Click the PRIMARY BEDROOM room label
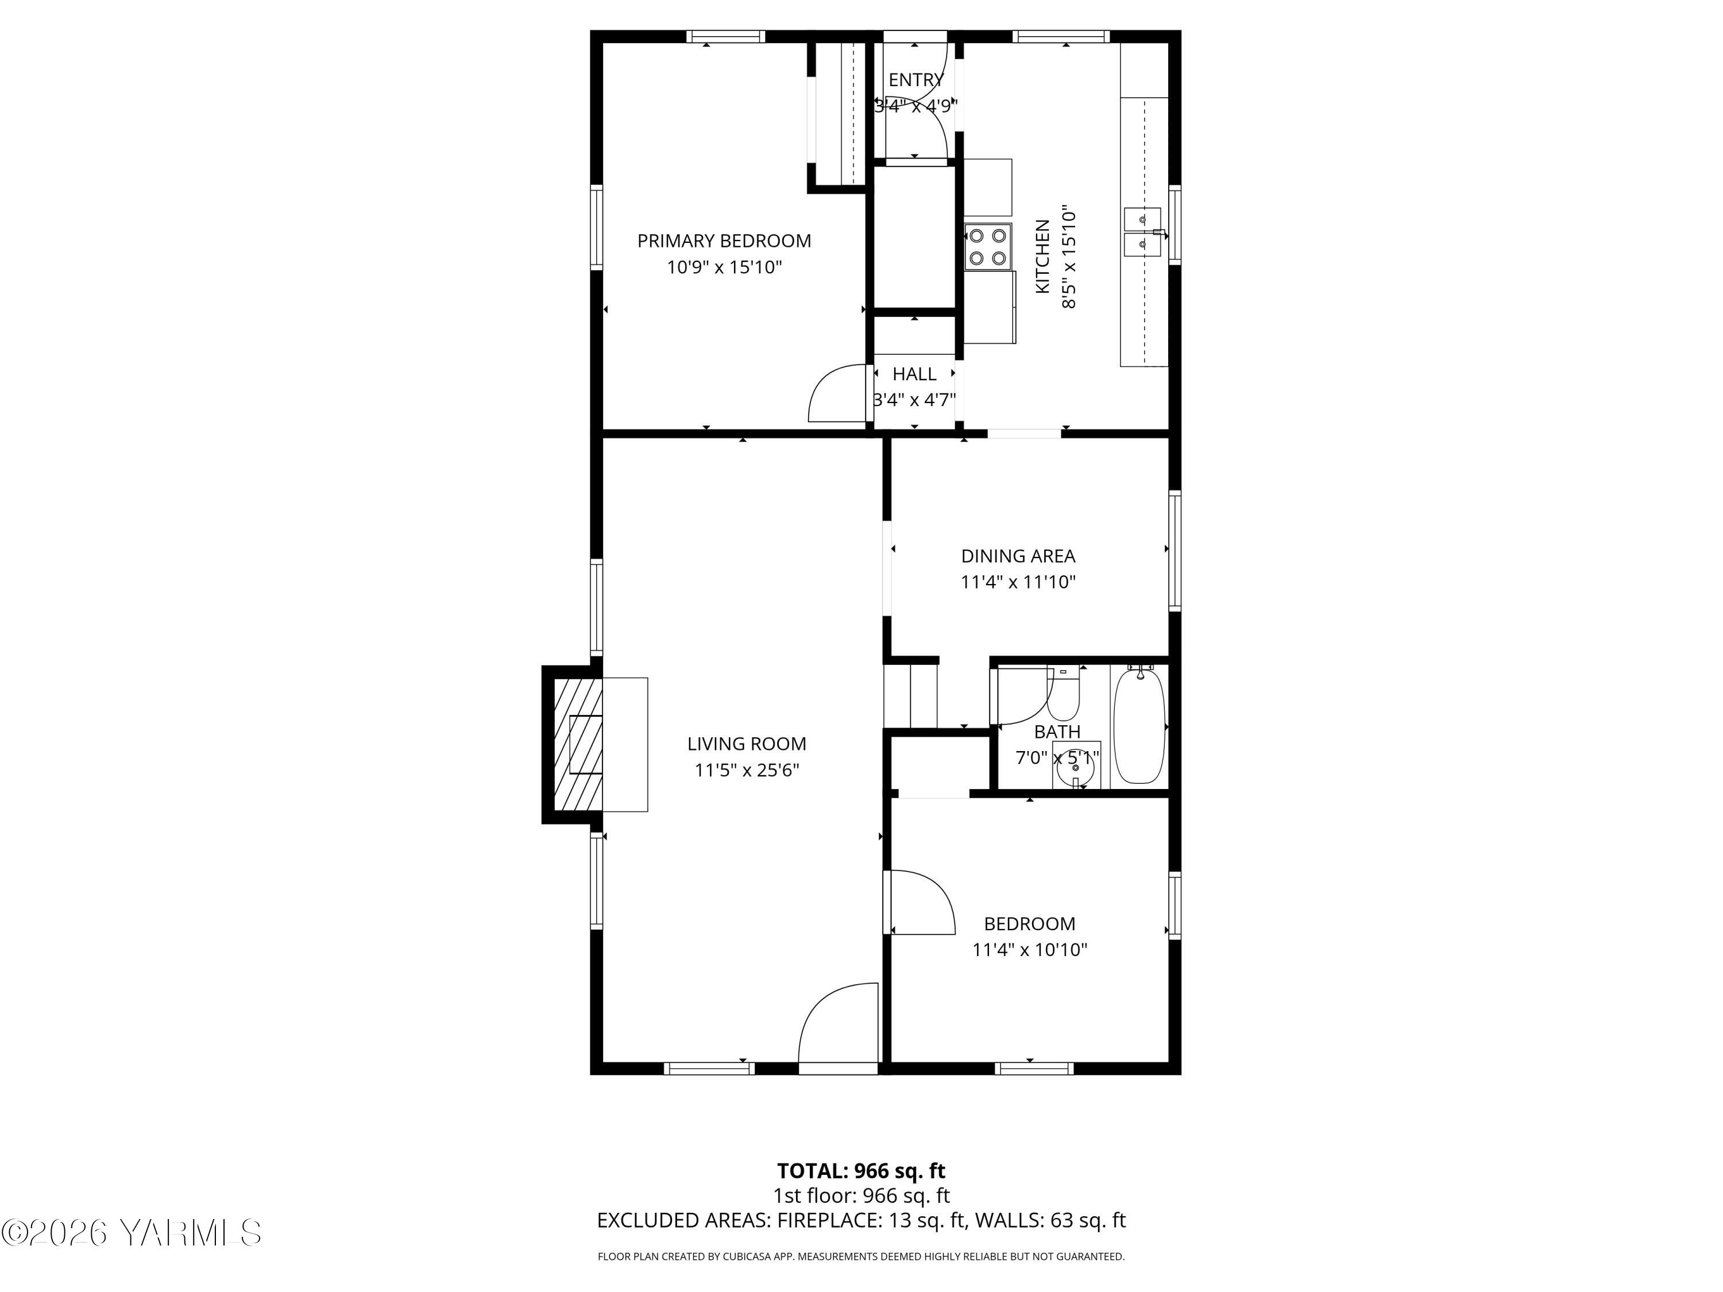724,241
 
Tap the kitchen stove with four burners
988,246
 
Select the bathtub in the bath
1139,726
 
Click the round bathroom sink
1076,767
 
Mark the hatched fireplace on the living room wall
577,745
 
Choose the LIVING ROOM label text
746,744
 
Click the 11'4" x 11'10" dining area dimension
1018,582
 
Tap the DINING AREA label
1018,556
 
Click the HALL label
914,374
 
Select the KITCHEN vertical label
1042,257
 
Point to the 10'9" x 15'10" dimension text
724,267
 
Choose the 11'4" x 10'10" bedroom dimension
1030,949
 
